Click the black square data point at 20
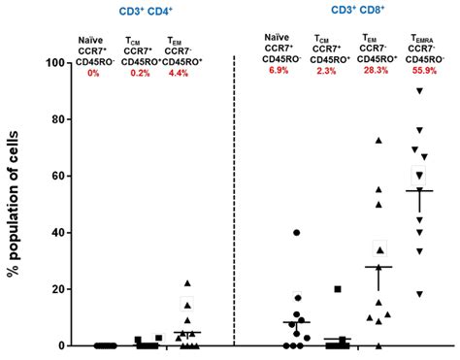tap(338, 289)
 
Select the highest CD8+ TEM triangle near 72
tap(378, 141)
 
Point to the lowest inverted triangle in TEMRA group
tap(419, 294)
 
